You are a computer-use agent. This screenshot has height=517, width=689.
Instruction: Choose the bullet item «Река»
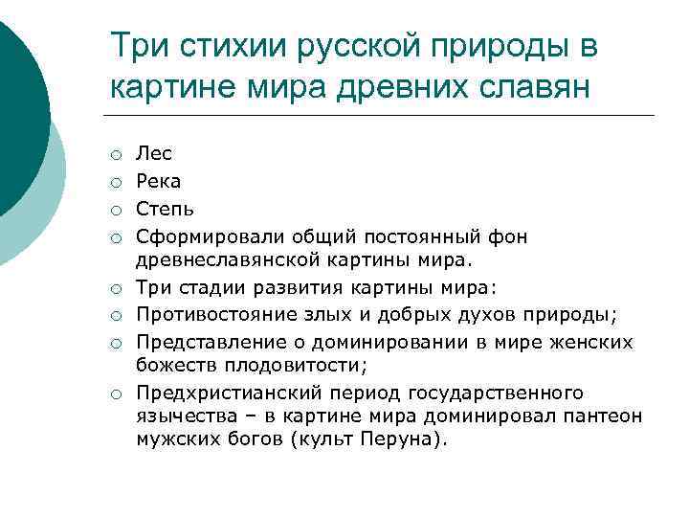point(158,181)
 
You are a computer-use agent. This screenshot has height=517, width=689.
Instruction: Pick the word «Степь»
point(166,208)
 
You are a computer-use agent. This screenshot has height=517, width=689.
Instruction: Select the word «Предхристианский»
point(217,393)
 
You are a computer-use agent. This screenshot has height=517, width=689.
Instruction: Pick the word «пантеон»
point(606,417)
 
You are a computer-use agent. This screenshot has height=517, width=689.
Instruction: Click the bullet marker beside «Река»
point(115,182)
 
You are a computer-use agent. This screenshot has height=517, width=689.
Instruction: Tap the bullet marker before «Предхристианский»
point(115,394)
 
